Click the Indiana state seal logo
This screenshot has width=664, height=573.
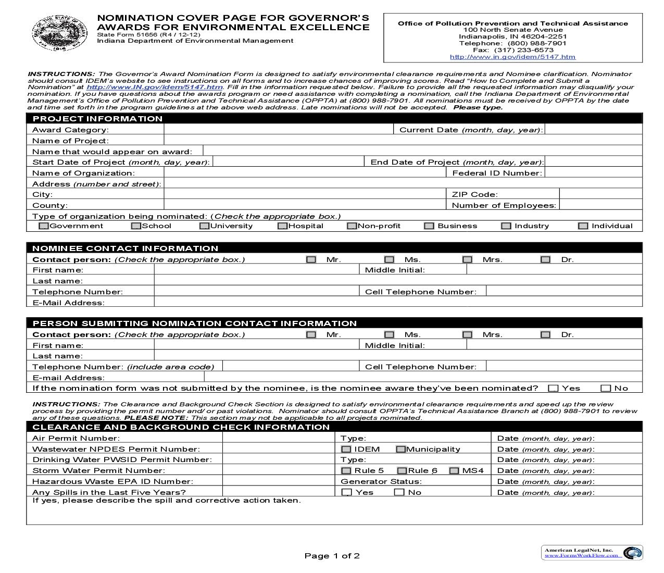coord(53,33)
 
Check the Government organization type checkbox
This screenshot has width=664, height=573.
coord(44,226)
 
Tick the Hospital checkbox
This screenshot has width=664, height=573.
coord(282,226)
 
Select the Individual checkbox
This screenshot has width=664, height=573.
coord(583,226)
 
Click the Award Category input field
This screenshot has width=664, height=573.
coord(279,130)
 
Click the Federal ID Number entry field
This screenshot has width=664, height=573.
coord(593,173)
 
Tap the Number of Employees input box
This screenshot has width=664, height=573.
coord(600,205)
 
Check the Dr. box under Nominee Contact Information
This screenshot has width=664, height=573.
coord(545,259)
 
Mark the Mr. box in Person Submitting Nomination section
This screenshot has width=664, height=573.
coord(311,334)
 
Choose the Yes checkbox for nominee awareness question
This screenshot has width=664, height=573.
coord(553,388)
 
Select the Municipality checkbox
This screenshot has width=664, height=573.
coord(400,449)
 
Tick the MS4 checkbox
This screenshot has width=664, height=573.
coord(454,470)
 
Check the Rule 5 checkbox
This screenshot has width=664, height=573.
coord(346,470)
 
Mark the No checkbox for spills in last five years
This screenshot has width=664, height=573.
coord(399,492)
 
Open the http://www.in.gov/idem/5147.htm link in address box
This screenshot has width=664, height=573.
coord(512,57)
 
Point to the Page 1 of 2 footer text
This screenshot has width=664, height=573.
coord(332,556)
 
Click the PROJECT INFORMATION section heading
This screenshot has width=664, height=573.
coord(97,119)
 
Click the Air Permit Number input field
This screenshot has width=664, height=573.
coord(278,438)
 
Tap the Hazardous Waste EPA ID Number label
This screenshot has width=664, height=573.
coord(112,481)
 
